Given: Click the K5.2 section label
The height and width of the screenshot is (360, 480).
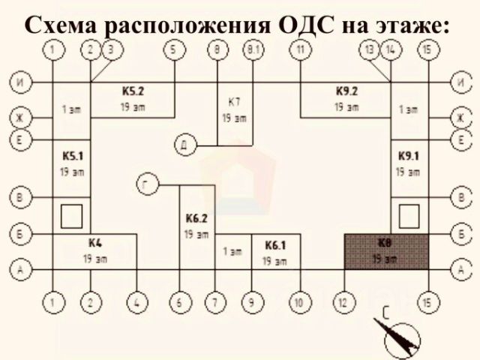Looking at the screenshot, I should click(133, 91).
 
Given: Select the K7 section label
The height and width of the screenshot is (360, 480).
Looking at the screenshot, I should click(234, 101).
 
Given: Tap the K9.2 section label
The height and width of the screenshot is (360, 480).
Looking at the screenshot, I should click(346, 91).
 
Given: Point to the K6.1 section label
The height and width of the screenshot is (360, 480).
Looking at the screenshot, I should click(274, 245).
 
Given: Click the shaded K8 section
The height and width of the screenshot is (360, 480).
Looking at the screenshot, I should click(385, 251).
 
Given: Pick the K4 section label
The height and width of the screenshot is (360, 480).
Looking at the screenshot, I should click(94, 243).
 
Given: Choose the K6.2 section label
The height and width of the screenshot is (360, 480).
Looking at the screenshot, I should click(196, 218).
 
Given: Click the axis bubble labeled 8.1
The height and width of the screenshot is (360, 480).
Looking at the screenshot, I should click(253, 50).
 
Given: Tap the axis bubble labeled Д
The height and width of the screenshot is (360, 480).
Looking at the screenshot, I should click(184, 144).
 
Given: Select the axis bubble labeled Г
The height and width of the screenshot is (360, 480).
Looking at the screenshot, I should click(147, 183).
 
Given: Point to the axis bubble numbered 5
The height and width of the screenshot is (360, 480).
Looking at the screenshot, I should click(175, 50).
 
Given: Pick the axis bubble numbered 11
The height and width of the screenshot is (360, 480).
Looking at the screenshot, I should click(300, 50).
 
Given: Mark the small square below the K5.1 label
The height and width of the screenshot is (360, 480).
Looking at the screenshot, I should click(71, 216).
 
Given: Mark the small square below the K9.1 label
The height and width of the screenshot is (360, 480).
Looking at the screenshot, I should click(408, 216).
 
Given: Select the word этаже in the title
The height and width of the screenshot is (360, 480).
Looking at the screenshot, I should click(409, 24).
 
